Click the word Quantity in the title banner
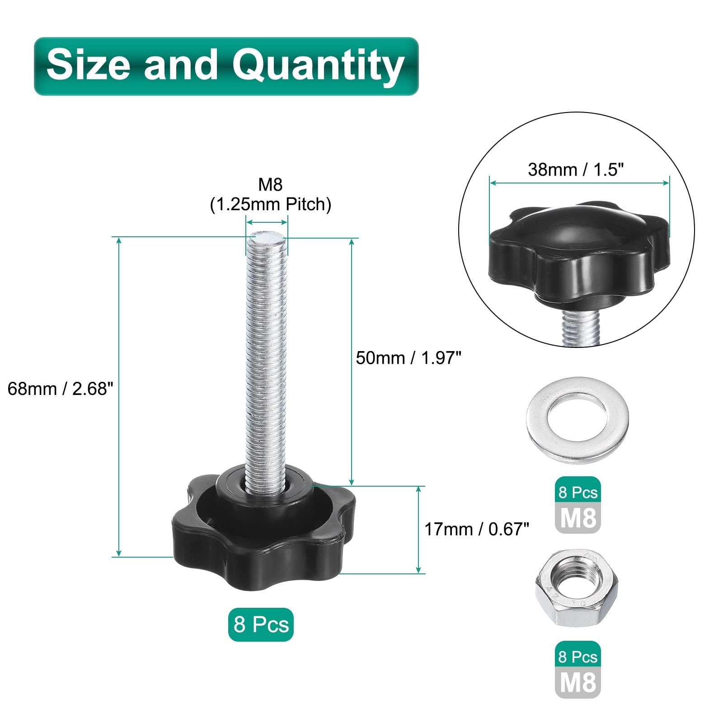click(318, 66)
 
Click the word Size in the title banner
click(88, 64)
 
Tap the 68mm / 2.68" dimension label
click(60, 389)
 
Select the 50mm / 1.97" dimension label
click(408, 358)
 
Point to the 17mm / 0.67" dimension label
click(476, 529)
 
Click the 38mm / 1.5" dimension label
click(576, 170)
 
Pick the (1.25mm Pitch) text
click(270, 205)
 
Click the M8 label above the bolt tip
click(270, 184)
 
